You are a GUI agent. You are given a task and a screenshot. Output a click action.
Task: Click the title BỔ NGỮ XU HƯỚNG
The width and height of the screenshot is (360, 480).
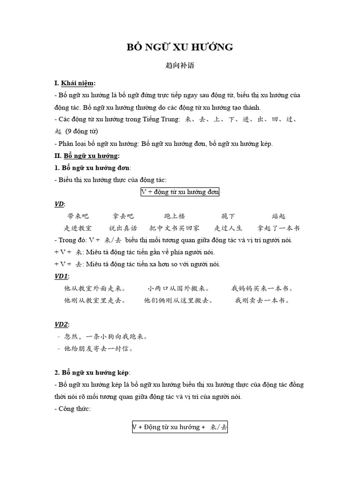coord(180,47)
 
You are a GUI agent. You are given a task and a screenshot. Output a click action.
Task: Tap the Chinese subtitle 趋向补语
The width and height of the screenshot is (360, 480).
coord(180,66)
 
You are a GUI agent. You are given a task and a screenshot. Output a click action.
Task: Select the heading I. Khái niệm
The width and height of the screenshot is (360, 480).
coord(75,83)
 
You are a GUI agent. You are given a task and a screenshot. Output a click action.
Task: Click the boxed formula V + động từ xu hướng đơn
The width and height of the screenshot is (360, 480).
coord(180,192)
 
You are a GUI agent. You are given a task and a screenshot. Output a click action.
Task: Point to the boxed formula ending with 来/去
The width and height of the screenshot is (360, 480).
coord(180,427)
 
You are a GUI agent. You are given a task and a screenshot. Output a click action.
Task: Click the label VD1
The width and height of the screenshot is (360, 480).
coord(62,276)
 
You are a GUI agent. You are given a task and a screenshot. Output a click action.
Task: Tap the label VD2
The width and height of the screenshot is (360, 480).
coord(62,324)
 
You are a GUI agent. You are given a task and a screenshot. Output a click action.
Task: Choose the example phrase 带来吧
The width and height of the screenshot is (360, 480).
coord(78,216)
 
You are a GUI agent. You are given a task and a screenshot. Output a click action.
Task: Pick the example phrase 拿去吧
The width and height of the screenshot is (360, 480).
coord(123,216)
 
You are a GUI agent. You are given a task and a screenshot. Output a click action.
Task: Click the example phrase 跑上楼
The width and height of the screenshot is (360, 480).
coord(175,216)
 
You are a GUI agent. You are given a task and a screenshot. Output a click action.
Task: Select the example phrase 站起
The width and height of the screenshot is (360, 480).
coord(278,216)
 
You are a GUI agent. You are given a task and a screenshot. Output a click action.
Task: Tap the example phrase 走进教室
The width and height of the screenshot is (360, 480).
coord(78,228)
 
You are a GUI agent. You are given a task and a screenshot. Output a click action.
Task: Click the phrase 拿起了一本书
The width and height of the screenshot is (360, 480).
coord(278,228)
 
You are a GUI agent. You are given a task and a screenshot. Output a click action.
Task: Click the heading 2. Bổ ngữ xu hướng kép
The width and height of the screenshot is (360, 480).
coord(92,373)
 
